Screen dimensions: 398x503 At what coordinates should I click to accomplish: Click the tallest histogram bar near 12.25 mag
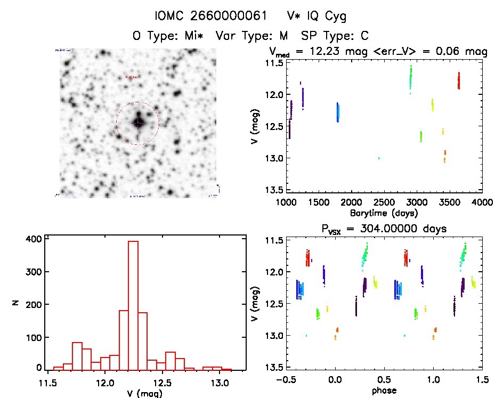point(133,304)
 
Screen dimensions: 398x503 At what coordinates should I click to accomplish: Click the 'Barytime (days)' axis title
point(384,213)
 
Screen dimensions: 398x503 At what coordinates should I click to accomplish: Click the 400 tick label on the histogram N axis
point(34,239)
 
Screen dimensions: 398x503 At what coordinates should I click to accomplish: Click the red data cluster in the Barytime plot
point(458,81)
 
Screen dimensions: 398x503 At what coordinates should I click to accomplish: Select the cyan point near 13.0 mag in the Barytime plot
point(379,158)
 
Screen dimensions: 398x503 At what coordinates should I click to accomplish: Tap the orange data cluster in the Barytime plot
point(444,156)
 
